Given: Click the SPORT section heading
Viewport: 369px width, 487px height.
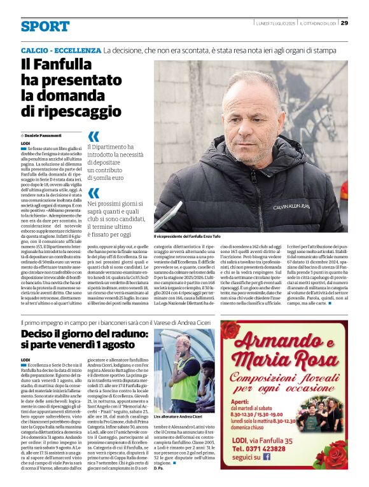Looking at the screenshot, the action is (x=45, y=26).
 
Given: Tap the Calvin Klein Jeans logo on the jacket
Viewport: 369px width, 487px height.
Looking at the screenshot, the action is (x=291, y=207).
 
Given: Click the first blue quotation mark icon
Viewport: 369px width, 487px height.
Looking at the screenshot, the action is (x=94, y=136).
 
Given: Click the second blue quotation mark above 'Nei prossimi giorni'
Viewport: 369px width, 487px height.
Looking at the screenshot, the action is (x=94, y=193).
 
